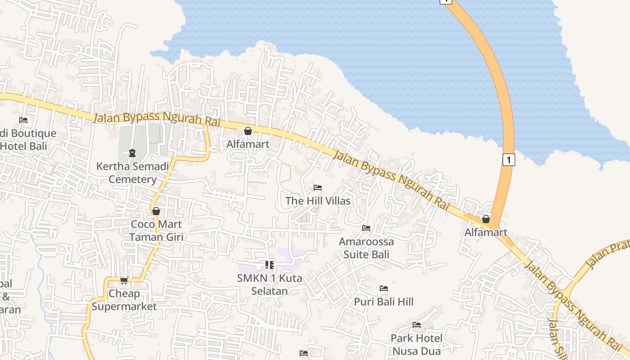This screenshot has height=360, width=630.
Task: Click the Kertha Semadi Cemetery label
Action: click(132, 173)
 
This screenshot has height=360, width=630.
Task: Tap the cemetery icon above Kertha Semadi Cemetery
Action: click(132, 153)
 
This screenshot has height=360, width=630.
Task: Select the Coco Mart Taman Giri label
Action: click(156, 230)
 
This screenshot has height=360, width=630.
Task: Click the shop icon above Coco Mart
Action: click(156, 211)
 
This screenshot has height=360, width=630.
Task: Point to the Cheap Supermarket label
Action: click(124, 300)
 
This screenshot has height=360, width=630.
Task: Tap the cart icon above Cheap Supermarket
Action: click(124, 280)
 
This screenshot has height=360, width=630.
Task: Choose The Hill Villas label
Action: click(318, 201)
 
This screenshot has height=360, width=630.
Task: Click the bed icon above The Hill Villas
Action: click(318, 187)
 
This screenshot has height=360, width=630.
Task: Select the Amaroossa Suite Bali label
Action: click(366, 248)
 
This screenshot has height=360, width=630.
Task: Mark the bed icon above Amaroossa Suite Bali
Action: click(366, 228)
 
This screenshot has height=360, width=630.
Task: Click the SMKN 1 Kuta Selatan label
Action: click(270, 284)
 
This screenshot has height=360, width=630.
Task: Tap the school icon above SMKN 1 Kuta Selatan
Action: click(270, 265)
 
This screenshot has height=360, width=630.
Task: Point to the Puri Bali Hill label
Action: click(384, 301)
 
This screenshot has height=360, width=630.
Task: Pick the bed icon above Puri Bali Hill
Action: click(384, 288)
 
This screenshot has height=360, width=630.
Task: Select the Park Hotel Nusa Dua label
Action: click(417, 344)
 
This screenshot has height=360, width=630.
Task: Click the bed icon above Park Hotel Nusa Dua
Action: click(417, 325)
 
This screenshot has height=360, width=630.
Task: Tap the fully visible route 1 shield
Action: click(508, 160)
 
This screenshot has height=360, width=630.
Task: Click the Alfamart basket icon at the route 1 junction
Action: click(486, 219)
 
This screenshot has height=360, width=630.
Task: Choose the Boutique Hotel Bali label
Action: click(28, 139)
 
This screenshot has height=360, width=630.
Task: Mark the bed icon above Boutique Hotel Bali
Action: click(23, 120)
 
